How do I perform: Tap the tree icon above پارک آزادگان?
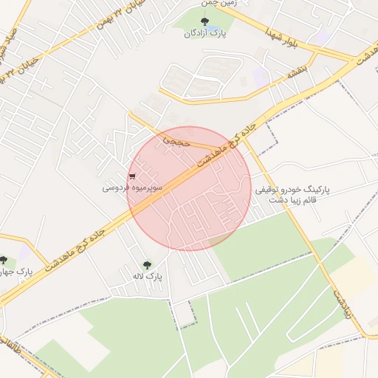[x=205, y=21]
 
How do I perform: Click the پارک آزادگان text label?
[x=205, y=33]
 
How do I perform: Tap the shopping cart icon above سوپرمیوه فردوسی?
[x=132, y=176]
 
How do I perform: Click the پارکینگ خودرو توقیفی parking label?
[x=293, y=190]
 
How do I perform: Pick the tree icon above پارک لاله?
[x=146, y=264]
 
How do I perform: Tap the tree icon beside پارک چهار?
[x=4, y=260]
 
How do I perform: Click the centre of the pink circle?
[x=189, y=188]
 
